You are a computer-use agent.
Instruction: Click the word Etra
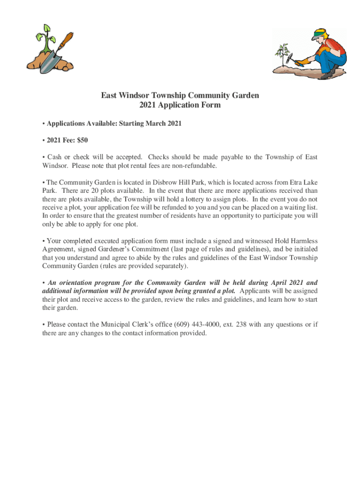tap(295, 182)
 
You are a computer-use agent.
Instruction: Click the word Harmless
tap(302, 241)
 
